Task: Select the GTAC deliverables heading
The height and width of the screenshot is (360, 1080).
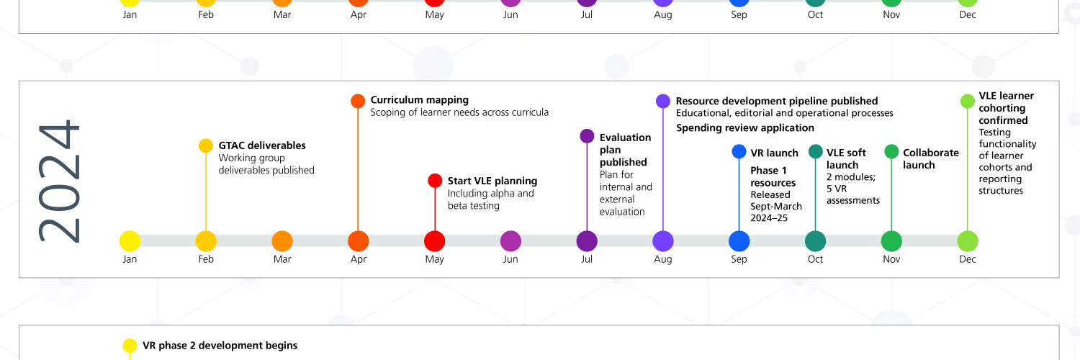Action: tap(262, 145)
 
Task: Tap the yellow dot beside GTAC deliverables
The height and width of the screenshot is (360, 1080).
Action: tap(206, 145)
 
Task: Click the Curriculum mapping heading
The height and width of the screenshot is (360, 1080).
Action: tap(420, 100)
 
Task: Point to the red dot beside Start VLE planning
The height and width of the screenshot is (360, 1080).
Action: tap(435, 181)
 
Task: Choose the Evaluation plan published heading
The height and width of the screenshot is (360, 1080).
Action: tap(625, 150)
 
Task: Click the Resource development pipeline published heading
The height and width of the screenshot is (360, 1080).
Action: tap(777, 101)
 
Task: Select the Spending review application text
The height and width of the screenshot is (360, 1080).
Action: tap(745, 128)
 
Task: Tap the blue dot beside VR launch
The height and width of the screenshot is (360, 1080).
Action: tap(739, 151)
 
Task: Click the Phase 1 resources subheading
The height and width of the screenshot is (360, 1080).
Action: tap(773, 176)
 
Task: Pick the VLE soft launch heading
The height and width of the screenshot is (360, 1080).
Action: tap(846, 158)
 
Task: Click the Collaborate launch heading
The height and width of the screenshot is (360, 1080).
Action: tap(931, 158)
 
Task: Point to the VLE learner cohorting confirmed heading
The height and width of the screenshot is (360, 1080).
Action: tap(1006, 108)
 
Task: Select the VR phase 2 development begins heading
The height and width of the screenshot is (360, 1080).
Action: tap(220, 346)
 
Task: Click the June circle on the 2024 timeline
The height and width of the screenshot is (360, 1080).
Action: tap(510, 241)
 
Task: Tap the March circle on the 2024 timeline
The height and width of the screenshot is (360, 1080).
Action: tap(282, 241)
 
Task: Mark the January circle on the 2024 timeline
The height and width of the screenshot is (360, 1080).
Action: tap(130, 241)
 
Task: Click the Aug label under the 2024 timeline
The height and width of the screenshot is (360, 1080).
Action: tap(663, 259)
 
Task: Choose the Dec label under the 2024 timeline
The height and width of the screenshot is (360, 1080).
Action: tap(968, 259)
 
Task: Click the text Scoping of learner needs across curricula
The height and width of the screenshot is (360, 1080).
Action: tap(459, 112)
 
